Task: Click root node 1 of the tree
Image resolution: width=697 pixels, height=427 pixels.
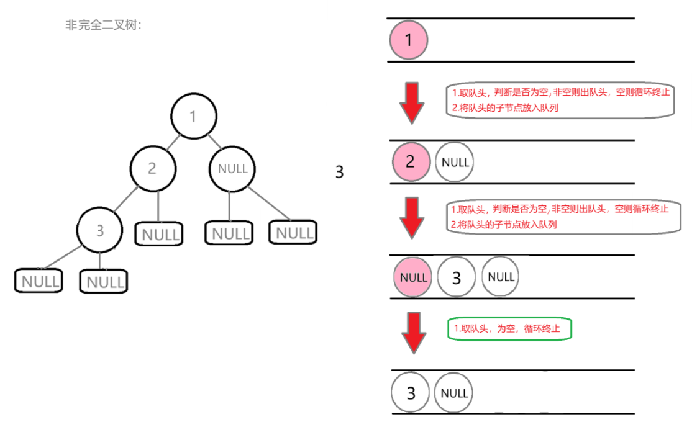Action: tap(193, 116)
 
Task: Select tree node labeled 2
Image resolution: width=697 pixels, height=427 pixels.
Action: tap(153, 168)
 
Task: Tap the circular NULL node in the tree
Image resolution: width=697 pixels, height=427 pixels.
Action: tap(232, 168)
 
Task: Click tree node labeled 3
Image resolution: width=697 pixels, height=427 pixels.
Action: tap(99, 230)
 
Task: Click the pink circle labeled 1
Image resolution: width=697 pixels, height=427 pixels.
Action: tap(408, 40)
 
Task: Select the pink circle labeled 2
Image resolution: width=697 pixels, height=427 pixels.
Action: tap(410, 162)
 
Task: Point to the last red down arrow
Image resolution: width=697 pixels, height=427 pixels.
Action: tap(414, 332)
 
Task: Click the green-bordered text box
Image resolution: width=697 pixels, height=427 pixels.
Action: tap(509, 329)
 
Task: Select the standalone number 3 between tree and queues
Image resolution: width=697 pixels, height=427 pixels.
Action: tap(339, 172)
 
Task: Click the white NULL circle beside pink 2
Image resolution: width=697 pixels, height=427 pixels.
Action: tap(455, 162)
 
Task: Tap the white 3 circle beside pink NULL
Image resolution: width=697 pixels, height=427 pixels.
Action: tap(457, 277)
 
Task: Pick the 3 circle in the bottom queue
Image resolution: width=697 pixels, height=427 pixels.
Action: tap(411, 393)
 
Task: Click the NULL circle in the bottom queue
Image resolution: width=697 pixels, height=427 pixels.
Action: tap(454, 393)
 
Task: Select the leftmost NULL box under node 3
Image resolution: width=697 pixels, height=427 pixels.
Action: tap(40, 281)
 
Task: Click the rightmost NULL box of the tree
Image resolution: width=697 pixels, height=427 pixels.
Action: tap(293, 232)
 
